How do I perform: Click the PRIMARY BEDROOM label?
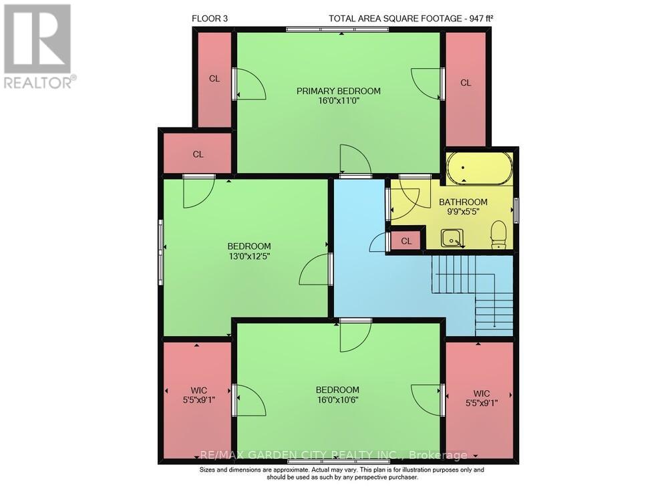(x=339, y=91)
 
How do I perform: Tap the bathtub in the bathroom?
(x=479, y=168)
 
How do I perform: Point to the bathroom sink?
(x=452, y=236)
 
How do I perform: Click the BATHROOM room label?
(x=463, y=202)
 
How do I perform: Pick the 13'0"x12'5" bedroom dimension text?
(x=248, y=255)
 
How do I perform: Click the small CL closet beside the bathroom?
(x=405, y=240)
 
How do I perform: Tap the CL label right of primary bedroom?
(x=466, y=83)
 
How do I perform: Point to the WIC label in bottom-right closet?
(x=482, y=393)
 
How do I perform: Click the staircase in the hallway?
(x=474, y=294)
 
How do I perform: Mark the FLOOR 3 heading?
(x=210, y=19)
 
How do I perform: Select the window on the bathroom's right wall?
(x=515, y=210)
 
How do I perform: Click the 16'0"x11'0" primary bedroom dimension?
(x=339, y=102)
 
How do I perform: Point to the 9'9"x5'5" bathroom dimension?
(x=463, y=212)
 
